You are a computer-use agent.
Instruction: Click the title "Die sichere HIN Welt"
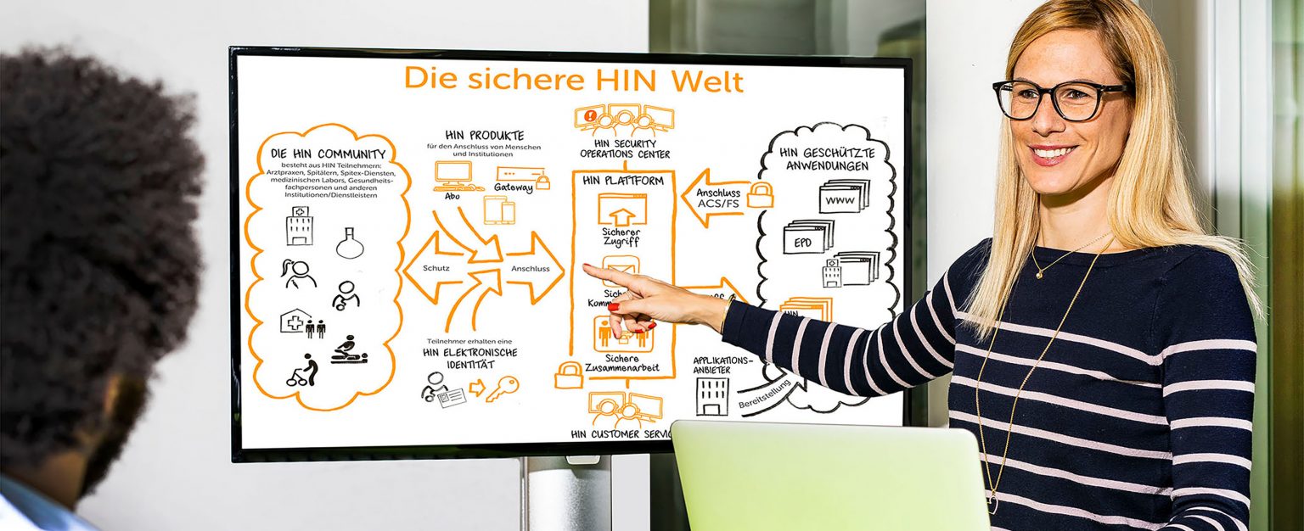(x=573, y=79)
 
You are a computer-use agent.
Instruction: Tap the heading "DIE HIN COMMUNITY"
(x=328, y=154)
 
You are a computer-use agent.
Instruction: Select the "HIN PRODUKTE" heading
(x=484, y=136)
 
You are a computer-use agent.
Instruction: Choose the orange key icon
(x=502, y=388)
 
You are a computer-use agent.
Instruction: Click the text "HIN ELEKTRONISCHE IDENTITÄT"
(x=469, y=358)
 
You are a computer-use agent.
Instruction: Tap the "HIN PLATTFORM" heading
(x=622, y=181)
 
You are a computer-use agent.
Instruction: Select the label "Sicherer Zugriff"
(x=621, y=237)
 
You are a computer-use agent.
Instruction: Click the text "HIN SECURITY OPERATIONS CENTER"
(x=625, y=149)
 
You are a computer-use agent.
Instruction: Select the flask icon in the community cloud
(x=350, y=243)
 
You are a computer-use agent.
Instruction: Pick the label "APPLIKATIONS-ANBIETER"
(x=722, y=365)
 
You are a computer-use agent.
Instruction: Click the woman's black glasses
(x=1061, y=98)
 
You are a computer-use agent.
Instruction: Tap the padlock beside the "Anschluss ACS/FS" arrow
(x=759, y=194)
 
